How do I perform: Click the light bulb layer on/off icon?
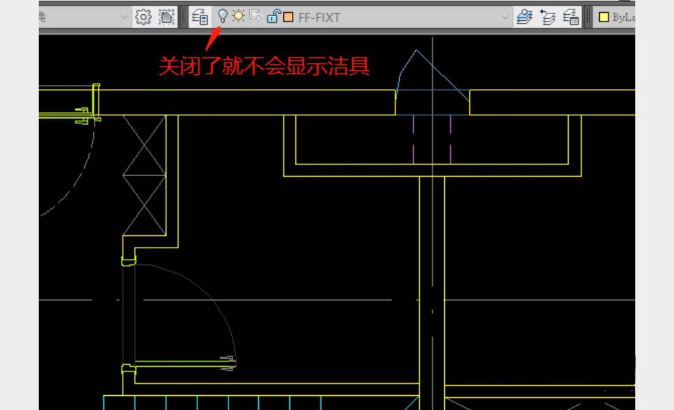(222, 16)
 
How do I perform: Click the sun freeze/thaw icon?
(239, 16)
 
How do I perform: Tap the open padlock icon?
(272, 16)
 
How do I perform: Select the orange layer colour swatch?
(288, 17)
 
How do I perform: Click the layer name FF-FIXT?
(319, 17)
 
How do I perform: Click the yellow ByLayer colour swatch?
(604, 17)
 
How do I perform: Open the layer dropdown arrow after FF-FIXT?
(506, 17)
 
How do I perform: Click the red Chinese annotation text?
(264, 67)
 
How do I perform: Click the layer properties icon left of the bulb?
(200, 16)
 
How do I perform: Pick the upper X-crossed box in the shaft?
(144, 146)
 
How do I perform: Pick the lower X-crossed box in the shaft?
(144, 206)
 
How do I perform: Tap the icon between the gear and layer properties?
(166, 16)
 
